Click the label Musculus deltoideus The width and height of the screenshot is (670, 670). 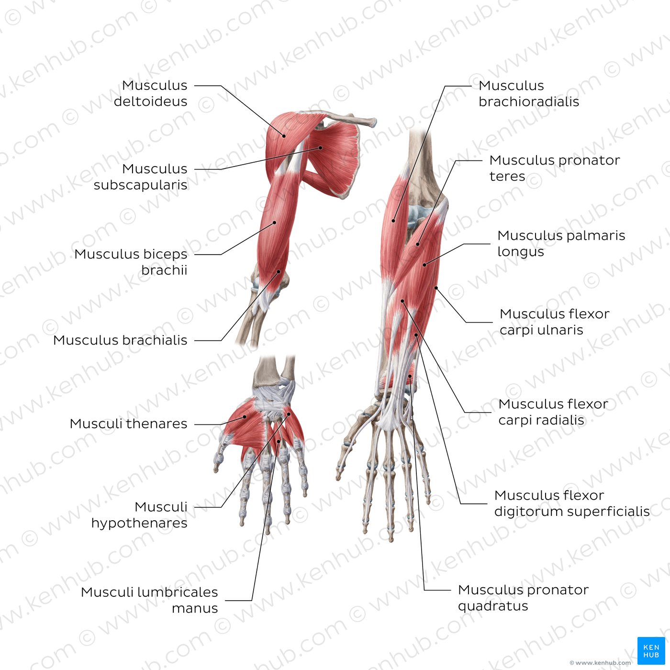[x=151, y=93]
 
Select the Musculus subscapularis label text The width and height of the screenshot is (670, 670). [x=141, y=177]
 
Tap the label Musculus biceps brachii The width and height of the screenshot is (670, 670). [x=131, y=262]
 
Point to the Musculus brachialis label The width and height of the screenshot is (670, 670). [x=120, y=340]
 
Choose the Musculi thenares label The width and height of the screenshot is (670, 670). [x=128, y=424]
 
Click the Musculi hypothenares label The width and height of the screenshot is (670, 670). [x=139, y=515]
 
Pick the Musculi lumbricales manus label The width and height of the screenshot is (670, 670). [x=149, y=600]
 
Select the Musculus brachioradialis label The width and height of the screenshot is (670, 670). [x=528, y=93]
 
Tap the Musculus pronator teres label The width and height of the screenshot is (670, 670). [x=554, y=168]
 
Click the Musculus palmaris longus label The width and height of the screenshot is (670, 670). [x=561, y=243]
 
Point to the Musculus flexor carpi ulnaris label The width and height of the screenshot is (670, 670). [x=554, y=322]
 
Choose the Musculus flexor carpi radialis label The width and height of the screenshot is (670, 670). [x=553, y=412]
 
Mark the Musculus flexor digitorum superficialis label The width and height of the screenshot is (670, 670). [x=571, y=503]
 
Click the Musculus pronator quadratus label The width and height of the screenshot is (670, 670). [x=523, y=598]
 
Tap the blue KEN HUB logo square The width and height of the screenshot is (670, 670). [x=651, y=651]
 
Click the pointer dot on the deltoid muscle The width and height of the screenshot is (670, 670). [x=284, y=136]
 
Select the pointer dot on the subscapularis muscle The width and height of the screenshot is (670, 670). [x=321, y=148]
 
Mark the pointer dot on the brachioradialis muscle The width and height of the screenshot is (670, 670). [x=393, y=221]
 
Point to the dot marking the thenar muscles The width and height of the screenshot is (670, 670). [x=245, y=417]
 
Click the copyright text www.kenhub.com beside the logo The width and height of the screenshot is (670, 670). [x=600, y=663]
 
